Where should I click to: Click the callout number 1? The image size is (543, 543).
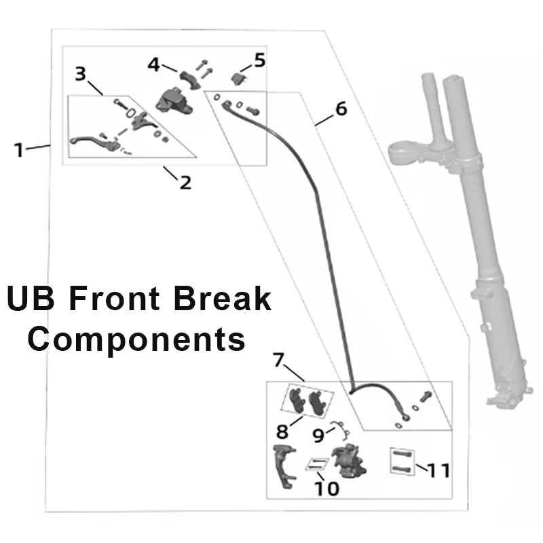coord(19,149)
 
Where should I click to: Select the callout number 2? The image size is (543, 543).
coord(185,182)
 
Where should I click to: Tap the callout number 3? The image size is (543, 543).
coord(81,73)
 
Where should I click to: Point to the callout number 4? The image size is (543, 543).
coord(154,64)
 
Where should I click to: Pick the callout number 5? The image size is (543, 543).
coord(260,60)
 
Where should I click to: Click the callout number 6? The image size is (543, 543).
coord(341,109)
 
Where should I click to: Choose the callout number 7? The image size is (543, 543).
coord(277,360)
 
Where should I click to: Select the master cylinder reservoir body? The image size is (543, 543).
coord(172,101)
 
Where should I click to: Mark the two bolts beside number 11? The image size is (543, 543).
coord(400,462)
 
